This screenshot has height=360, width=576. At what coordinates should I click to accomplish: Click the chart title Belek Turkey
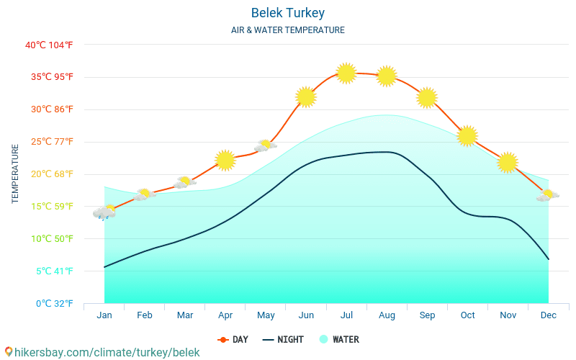[288, 13]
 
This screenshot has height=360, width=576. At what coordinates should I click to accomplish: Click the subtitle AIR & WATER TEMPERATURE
[288, 30]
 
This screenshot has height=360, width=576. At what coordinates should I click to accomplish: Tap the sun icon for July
[346, 73]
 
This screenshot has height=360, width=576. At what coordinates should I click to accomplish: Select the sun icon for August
[387, 76]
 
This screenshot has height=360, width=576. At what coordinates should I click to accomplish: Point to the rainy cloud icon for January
[104, 212]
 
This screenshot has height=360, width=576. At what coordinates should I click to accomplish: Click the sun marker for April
[225, 160]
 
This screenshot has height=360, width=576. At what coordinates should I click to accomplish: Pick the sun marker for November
[508, 163]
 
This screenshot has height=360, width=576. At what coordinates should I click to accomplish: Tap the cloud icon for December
[548, 195]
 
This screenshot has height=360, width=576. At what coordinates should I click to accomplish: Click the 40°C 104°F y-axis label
[49, 45]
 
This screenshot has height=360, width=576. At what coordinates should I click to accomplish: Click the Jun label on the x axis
[306, 315]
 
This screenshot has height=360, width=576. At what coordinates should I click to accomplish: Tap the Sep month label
[427, 315]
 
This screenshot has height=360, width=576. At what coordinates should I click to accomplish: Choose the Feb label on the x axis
[145, 315]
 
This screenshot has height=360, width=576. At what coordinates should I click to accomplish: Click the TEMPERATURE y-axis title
[15, 174]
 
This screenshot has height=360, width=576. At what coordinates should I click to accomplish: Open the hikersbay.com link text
[106, 352]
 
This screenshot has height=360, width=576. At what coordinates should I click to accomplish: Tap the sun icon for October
[467, 135]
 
